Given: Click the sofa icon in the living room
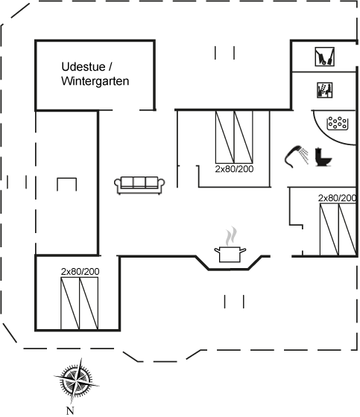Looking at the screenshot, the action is [139, 185].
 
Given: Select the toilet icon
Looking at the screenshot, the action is [323, 157].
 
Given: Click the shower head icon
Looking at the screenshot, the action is [296, 156].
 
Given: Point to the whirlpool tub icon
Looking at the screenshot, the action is [337, 123].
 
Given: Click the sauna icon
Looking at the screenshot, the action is [324, 90].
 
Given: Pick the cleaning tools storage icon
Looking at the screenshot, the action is [324, 57].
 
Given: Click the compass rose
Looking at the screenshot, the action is [77, 381].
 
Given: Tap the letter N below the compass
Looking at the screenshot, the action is [70, 410].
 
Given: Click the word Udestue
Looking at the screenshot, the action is [83, 66].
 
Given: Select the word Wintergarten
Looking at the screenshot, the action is [95, 81].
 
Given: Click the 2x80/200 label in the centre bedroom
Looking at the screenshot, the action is [234, 169].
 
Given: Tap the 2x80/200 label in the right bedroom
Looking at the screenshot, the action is [337, 198].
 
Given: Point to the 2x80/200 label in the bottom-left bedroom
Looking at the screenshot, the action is [80, 272].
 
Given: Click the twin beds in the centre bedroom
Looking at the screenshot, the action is [234, 137].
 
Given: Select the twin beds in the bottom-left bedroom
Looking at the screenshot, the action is [79, 304].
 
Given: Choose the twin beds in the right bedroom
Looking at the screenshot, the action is [338, 229].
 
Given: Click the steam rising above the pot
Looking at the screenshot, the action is [230, 236].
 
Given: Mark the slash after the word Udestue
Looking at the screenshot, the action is [110, 66].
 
